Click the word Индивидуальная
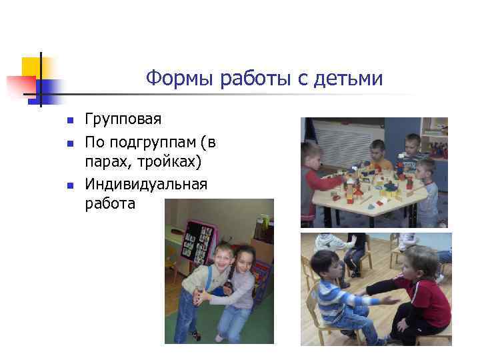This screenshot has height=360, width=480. (146, 183)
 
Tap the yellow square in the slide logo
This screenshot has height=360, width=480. (31, 67)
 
